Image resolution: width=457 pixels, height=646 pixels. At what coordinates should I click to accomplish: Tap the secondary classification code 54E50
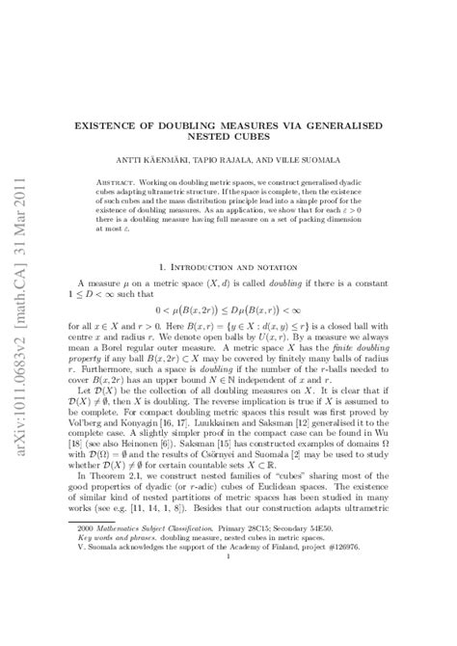tap(333, 556)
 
